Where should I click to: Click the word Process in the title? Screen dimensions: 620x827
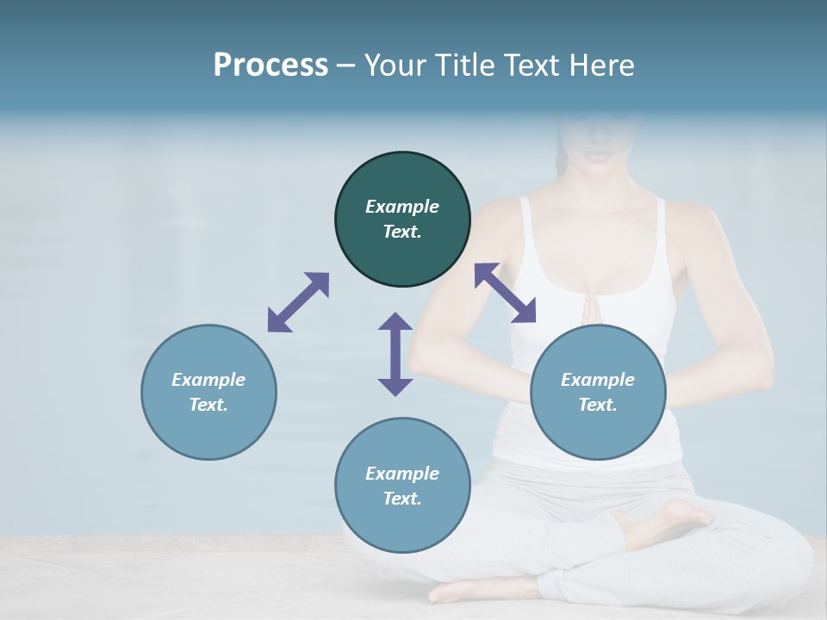tap(270, 65)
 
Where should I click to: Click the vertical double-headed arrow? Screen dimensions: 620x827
tap(395, 354)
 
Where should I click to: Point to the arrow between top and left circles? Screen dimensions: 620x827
tap(298, 302)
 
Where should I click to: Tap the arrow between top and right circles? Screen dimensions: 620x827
tap(506, 293)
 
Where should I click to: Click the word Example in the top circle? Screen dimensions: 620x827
tap(402, 207)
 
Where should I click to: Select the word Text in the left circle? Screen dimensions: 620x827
tap(208, 405)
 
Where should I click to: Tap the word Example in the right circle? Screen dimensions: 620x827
tap(598, 380)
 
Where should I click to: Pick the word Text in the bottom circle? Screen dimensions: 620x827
tap(402, 499)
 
